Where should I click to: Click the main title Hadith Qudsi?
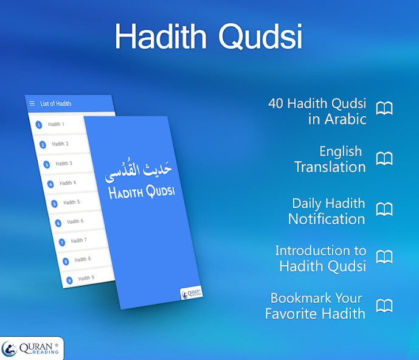[x=209, y=36]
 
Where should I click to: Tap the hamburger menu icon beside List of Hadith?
[x=32, y=104]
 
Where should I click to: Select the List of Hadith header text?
[x=56, y=104]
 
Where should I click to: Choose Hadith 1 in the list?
[x=57, y=124]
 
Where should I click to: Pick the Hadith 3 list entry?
[x=64, y=164]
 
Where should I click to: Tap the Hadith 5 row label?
[x=72, y=202]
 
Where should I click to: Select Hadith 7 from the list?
[x=79, y=241]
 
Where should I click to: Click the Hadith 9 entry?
[x=86, y=279]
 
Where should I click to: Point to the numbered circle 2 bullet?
[x=43, y=145]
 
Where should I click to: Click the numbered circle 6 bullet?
[x=58, y=223]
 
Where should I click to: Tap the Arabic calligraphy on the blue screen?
[x=139, y=171]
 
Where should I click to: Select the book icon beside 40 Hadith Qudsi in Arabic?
[x=384, y=109]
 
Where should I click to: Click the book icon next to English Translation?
[x=384, y=159]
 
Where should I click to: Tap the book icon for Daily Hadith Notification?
[x=384, y=210]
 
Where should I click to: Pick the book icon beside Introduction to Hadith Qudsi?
[x=384, y=257]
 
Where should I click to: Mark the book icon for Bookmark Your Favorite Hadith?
[x=384, y=305]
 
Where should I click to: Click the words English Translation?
[x=330, y=159]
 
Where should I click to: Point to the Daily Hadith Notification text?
[x=327, y=211]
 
